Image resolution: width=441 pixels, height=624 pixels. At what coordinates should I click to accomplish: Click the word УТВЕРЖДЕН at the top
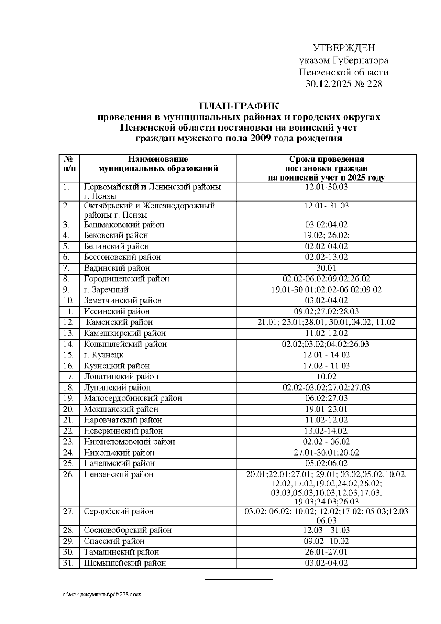click(x=344, y=48)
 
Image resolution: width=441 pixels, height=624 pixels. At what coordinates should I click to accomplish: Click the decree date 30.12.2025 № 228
click(x=344, y=84)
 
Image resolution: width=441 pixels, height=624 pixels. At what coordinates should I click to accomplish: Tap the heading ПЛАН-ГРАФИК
click(x=239, y=107)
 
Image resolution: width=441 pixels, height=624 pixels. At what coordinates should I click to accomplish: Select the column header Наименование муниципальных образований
click(x=158, y=164)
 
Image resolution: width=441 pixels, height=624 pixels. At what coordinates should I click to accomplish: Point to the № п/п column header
click(x=69, y=164)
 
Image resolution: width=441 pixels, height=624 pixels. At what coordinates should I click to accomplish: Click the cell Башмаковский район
click(x=124, y=225)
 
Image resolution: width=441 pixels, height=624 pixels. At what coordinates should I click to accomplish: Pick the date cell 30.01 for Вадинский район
click(x=326, y=268)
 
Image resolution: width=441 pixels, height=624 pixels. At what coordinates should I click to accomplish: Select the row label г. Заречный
click(x=106, y=290)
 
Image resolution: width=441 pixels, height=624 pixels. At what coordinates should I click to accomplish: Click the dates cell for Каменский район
click(x=326, y=322)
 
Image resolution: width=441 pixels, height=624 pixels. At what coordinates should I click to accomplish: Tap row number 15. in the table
click(x=68, y=355)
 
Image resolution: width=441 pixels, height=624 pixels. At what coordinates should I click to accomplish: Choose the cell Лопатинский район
click(x=121, y=377)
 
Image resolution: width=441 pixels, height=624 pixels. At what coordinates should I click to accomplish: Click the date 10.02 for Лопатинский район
click(x=326, y=377)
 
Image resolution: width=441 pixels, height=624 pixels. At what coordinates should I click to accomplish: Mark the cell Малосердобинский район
click(x=133, y=398)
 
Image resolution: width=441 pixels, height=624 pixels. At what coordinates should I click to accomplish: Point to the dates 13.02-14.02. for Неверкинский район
click(x=326, y=431)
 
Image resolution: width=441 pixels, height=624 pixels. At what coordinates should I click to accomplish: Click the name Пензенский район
click(x=118, y=474)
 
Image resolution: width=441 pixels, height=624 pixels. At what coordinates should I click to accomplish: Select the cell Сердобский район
click(x=118, y=511)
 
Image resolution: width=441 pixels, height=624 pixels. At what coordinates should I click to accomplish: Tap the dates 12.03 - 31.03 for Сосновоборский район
click(x=326, y=530)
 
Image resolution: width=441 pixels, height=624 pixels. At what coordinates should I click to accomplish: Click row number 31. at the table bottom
click(x=68, y=563)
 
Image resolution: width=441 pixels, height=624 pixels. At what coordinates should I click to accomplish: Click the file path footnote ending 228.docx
click(x=102, y=595)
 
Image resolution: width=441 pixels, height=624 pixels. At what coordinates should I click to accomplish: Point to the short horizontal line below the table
click(x=239, y=580)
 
